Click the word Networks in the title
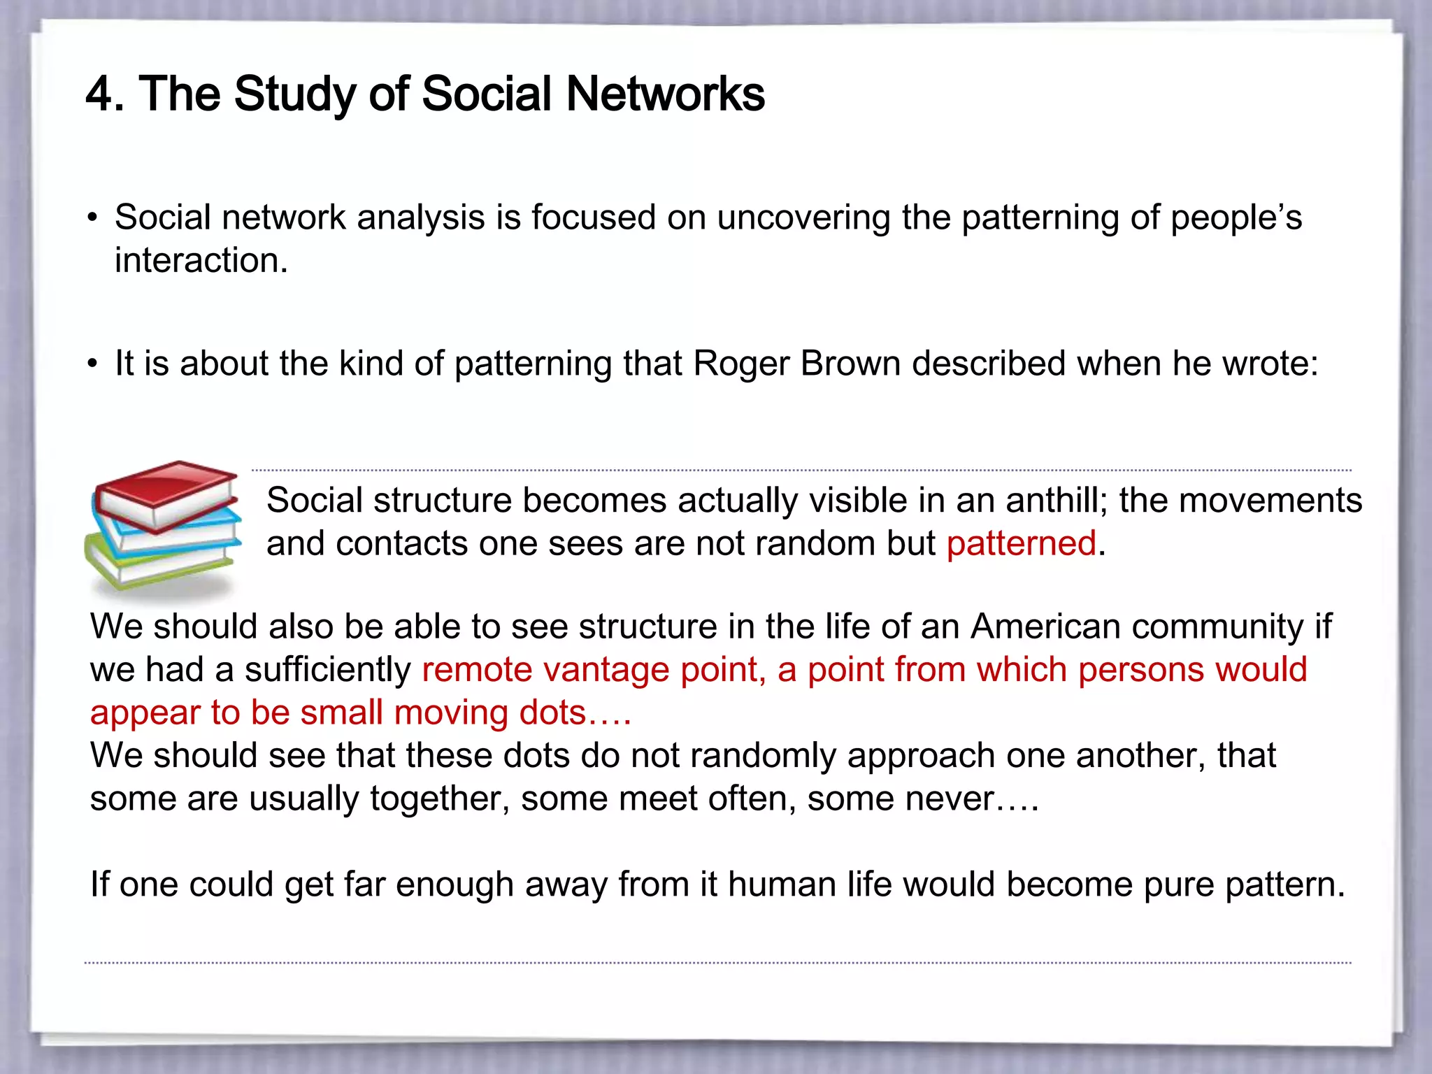(x=665, y=94)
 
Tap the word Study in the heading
(x=294, y=95)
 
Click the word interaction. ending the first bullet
(x=201, y=261)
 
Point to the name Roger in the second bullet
(x=740, y=364)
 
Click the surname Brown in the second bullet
(x=850, y=364)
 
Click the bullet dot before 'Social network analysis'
(x=93, y=218)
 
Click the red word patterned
(x=1021, y=544)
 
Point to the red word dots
(x=552, y=713)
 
